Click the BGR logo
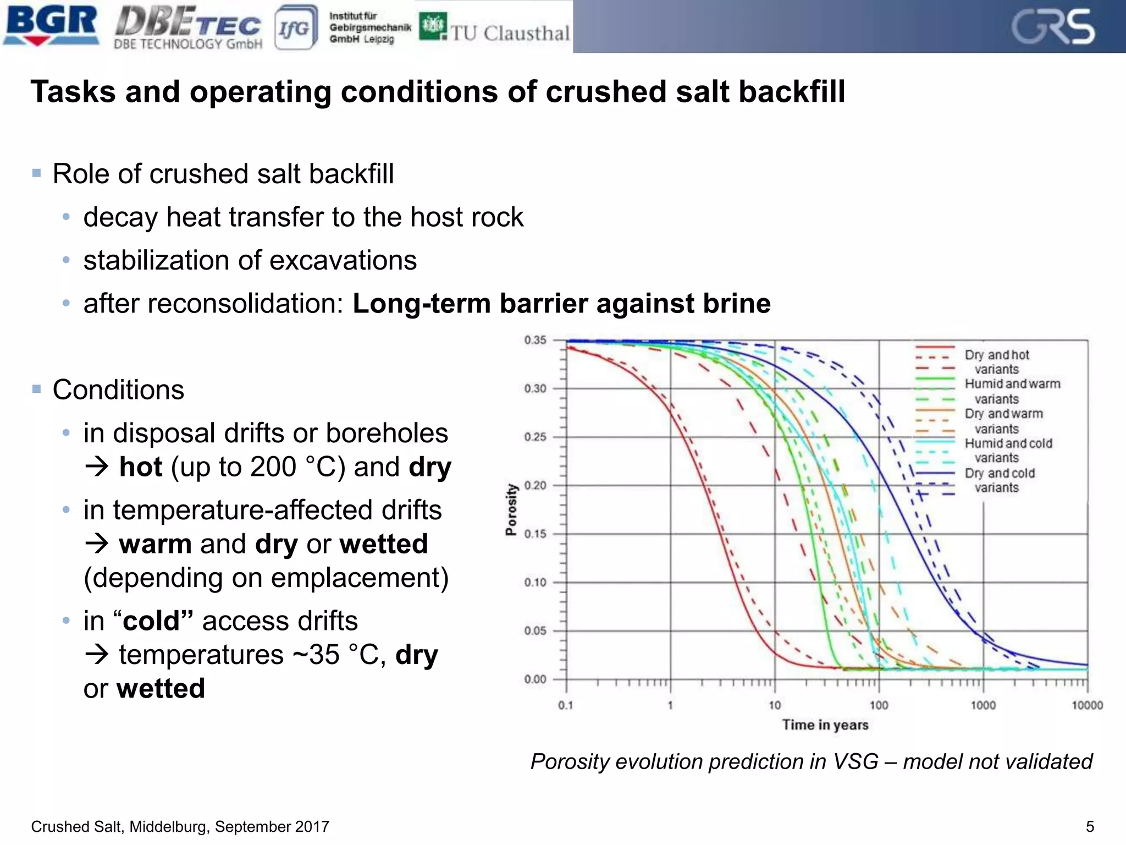pos(51,25)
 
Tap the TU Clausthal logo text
pos(510,33)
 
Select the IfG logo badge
pos(295,28)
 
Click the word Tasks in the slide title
pos(73,91)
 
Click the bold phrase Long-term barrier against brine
pos(561,304)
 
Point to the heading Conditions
pos(118,390)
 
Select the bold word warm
pos(155,544)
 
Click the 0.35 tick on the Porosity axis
pos(535,340)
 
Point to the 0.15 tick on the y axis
pos(535,534)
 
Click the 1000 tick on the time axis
pos(983,705)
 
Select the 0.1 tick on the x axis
pos(566,705)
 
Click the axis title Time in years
pos(825,725)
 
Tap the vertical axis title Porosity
pos(511,509)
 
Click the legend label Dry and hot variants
pos(997,362)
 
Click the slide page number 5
pos(1090,826)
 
